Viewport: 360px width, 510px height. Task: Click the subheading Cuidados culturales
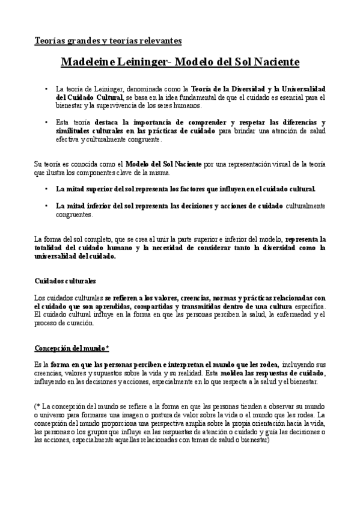pos(65,281)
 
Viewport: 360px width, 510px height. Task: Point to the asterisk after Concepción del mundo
pos(106,348)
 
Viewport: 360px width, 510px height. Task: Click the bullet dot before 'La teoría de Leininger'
pos(47,88)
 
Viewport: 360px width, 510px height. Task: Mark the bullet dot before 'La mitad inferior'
pos(47,205)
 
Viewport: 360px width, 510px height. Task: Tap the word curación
pos(79,322)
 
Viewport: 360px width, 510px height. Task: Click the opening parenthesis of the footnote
pos(35,406)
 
